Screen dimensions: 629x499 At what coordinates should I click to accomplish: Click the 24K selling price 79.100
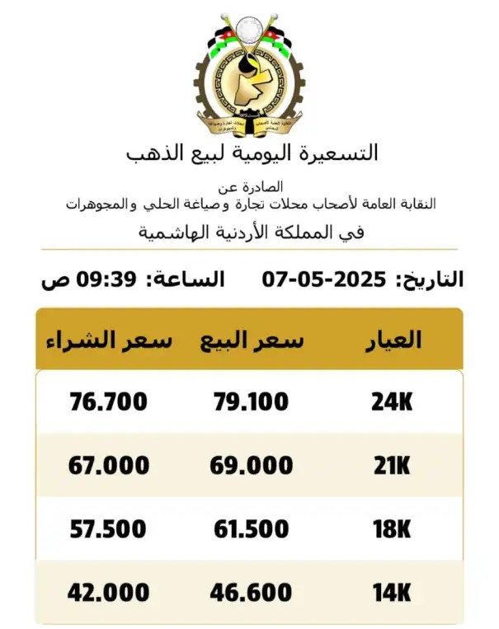tap(251, 402)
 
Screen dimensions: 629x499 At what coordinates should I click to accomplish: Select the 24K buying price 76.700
tap(109, 402)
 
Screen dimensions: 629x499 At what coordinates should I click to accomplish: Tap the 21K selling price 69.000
tap(252, 465)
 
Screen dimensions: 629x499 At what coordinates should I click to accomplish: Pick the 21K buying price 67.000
tap(109, 465)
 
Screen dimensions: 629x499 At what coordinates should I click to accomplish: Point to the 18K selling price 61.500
tap(252, 528)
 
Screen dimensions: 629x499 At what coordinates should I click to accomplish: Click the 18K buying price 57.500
tap(109, 528)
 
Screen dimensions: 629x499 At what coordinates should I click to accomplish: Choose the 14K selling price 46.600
tap(252, 592)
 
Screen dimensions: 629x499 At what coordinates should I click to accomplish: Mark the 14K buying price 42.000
tap(109, 592)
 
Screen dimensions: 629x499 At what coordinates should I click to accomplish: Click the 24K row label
tap(391, 402)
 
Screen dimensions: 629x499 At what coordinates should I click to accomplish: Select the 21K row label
tap(391, 465)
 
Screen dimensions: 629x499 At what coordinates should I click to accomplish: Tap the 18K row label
tap(391, 528)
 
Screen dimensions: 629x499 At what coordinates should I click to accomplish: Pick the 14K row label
tap(391, 592)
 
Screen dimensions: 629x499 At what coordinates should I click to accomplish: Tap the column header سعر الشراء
tap(109, 340)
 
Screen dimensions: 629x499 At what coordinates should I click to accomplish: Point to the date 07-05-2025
tap(325, 279)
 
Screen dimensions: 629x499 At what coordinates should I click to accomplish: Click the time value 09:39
tap(106, 279)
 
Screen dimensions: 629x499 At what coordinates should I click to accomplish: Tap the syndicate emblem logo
tap(249, 74)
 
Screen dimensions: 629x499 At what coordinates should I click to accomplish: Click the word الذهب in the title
tap(153, 153)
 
